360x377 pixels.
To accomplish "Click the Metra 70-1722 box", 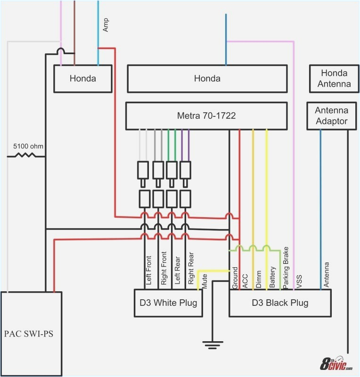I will [206, 115].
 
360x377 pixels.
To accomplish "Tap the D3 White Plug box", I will [168, 303].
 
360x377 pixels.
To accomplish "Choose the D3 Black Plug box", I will [280, 303].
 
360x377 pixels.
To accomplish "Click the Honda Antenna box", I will [334, 79].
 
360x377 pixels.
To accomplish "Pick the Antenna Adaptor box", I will [331, 115].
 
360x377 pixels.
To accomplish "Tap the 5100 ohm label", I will [28, 146].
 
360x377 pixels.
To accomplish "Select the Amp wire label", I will [106, 25].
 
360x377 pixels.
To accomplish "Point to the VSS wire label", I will [299, 281].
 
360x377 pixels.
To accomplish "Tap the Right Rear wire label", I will [191, 270].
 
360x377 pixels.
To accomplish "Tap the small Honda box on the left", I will [83, 79].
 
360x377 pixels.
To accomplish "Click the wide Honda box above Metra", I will [207, 79].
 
